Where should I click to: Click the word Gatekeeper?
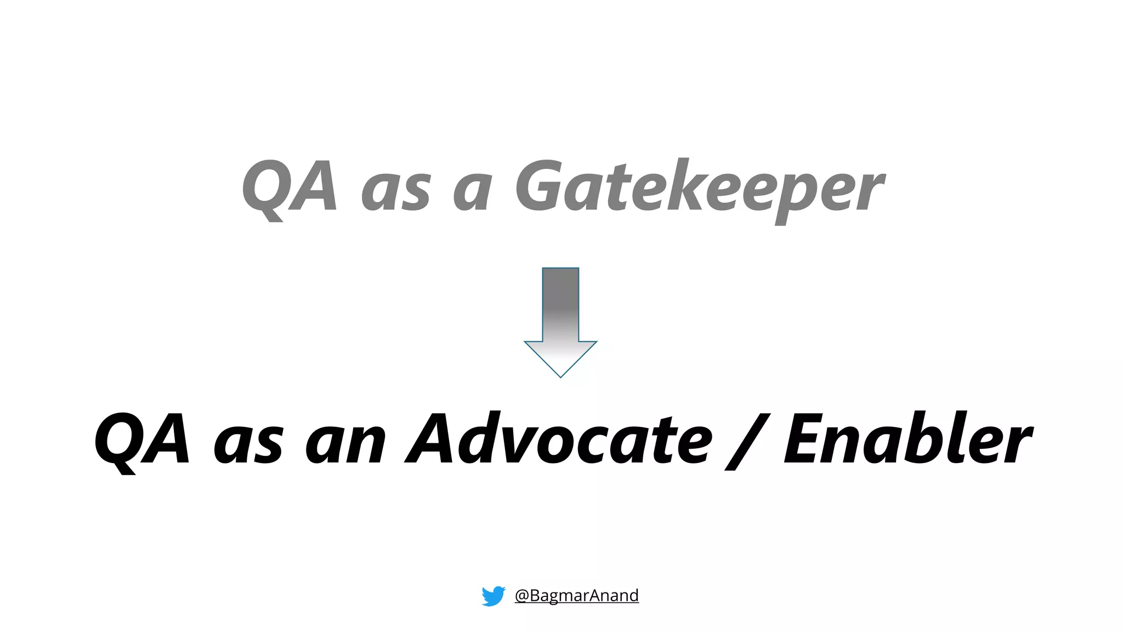click(x=699, y=188)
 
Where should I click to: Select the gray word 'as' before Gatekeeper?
click(x=395, y=192)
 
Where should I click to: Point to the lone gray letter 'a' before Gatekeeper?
click(x=472, y=192)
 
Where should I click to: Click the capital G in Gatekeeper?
click(x=540, y=187)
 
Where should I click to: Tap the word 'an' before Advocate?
click(x=345, y=444)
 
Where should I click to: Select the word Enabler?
click(x=908, y=439)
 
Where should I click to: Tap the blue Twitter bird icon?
click(x=494, y=596)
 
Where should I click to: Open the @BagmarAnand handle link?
click(x=576, y=595)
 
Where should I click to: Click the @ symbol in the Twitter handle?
click(x=521, y=596)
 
